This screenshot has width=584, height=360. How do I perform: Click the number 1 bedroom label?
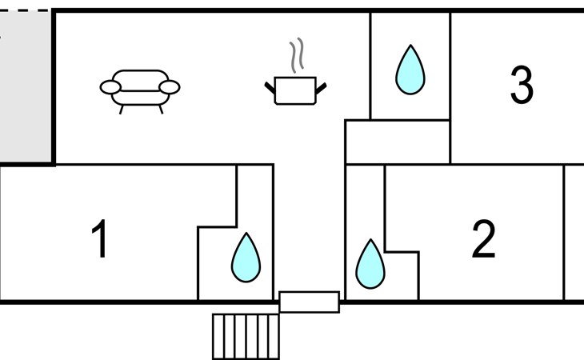pos(100,239)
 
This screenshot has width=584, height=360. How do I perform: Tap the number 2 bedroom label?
pos(483,239)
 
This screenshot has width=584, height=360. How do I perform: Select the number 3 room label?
pos(522,86)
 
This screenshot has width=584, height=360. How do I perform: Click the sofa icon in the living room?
pos(140,89)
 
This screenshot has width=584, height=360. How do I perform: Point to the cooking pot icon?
pos(296,90)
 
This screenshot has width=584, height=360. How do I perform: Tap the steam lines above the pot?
pos(298,54)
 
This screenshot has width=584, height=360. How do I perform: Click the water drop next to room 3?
pos(410,70)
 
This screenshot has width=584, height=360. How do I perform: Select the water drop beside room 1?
pos(246,258)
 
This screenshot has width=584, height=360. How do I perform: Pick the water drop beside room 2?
pos(370,264)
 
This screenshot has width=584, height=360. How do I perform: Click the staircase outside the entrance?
pos(246,336)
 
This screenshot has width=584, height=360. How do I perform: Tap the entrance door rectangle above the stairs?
pos(309,302)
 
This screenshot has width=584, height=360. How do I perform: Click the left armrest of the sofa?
pos(110,86)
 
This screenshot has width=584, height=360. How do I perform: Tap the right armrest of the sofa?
pos(170,86)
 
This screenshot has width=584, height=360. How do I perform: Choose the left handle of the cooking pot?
pos(270,84)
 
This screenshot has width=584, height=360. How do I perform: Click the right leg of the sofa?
pos(160,109)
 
